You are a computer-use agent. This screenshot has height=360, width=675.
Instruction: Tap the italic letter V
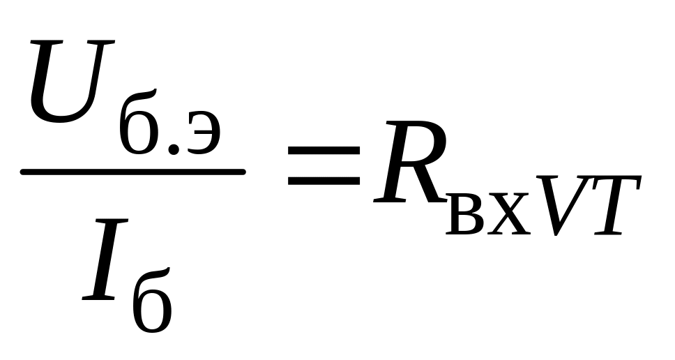pos(562,203)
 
